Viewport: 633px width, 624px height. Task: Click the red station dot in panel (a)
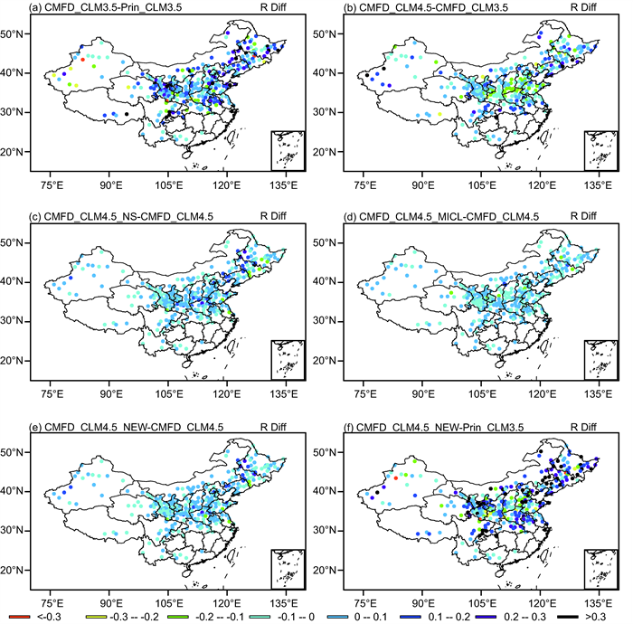[x=83, y=60]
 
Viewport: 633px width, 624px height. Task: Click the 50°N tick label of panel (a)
[x=14, y=33]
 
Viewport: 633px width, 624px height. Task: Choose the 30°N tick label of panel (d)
[x=327, y=321]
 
